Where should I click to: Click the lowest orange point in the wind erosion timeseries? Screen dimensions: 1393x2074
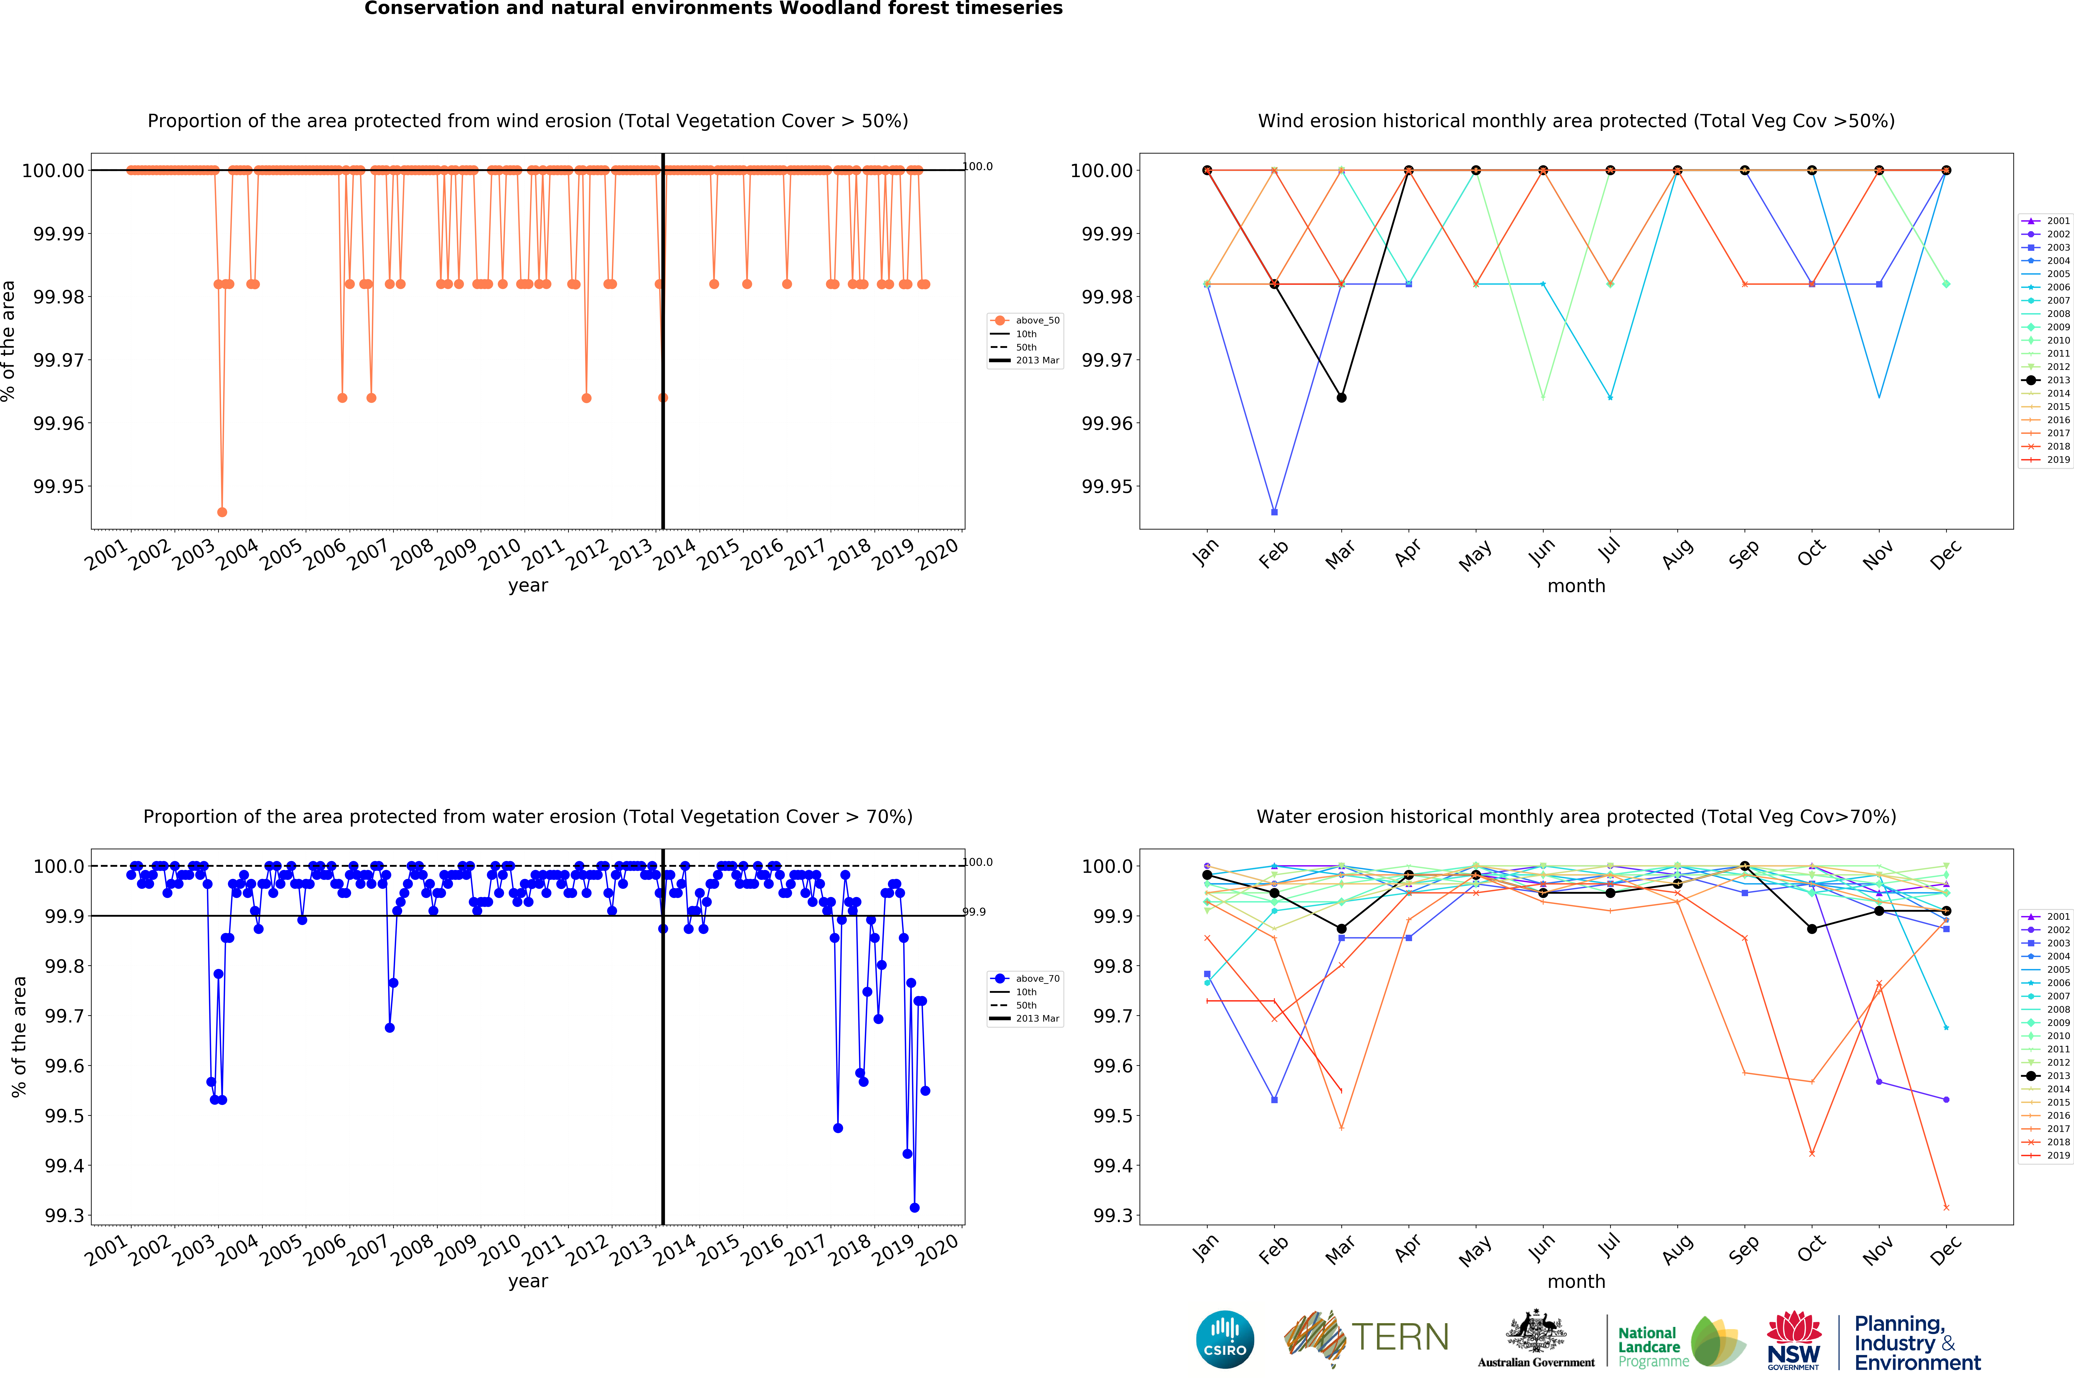coord(222,512)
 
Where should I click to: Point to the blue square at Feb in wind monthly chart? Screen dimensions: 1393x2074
coord(1274,512)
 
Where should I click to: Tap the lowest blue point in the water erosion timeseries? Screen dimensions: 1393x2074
coord(914,1207)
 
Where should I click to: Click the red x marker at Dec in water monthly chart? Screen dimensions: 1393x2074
coord(1946,1207)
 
